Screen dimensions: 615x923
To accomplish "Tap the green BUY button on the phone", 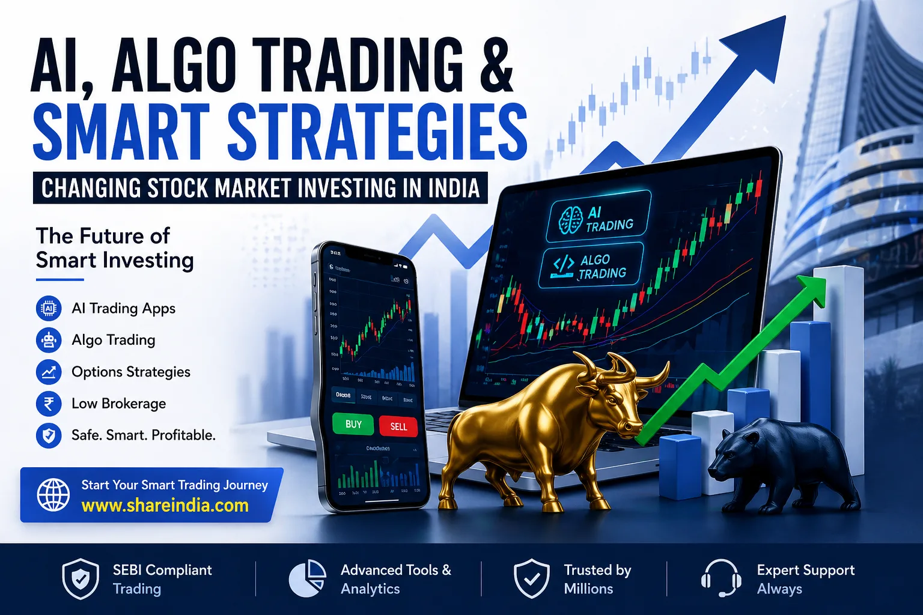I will (353, 425).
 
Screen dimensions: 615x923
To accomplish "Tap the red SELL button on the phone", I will (398, 426).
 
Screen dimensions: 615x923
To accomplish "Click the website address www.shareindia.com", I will (165, 506).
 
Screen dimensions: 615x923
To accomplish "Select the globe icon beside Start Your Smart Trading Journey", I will (53, 495).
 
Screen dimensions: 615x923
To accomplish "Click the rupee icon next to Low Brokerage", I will (49, 404).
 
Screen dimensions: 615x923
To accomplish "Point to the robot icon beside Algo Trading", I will (49, 341).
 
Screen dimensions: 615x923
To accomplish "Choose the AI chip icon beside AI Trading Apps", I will (49, 309).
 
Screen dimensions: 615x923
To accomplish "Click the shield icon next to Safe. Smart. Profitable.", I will (49, 435).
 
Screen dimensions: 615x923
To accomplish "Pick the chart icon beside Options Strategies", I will (49, 372).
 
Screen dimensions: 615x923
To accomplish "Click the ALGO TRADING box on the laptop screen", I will (591, 266).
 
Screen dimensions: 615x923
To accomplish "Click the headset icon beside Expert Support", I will (720, 578).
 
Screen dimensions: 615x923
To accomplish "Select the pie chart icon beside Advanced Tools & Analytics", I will (307, 579).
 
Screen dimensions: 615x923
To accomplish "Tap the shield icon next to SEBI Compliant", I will (81, 579).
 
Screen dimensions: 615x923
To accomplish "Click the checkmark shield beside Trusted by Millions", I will (532, 579).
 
